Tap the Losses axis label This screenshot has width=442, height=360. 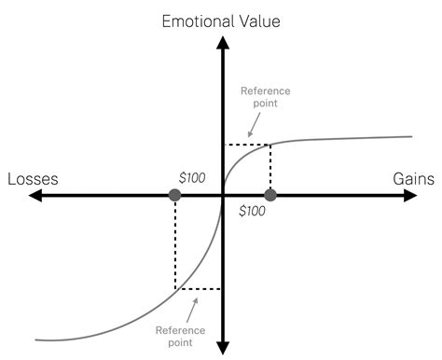coord(34,178)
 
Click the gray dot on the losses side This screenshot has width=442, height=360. coord(174,195)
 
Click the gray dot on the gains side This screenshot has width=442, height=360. coord(270,195)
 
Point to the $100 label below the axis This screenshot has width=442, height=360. coord(252,212)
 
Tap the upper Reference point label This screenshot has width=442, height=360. coord(265,97)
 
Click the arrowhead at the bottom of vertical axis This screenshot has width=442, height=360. coord(222,348)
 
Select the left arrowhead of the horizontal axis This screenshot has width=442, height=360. coord(35,195)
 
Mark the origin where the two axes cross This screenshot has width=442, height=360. coord(222,195)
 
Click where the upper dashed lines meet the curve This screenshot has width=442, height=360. coord(270,145)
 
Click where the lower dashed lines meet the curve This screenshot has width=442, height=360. coord(175,289)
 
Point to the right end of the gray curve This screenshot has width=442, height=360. coord(411,137)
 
